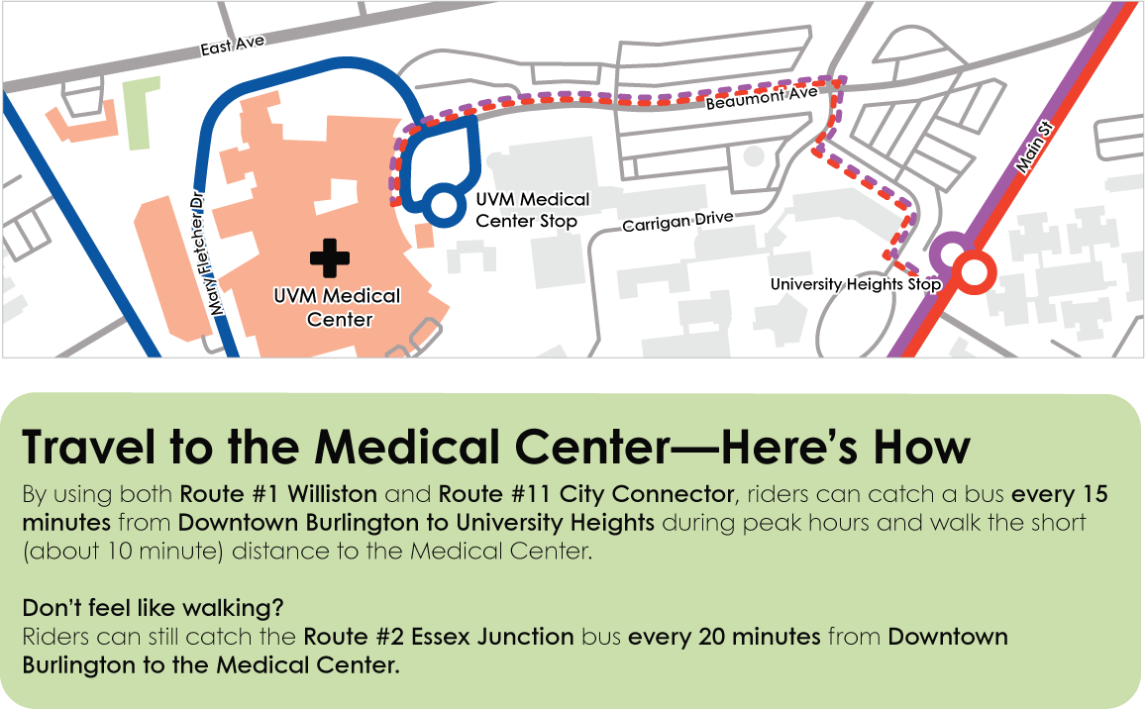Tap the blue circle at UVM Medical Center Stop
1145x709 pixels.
tap(442, 205)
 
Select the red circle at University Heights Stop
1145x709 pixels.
tap(973, 270)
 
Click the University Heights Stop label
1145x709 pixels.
tap(855, 285)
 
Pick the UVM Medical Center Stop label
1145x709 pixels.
tap(532, 210)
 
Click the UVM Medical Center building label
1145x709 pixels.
tap(339, 307)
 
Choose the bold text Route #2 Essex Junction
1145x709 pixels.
tap(439, 637)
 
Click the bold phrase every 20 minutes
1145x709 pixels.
tap(724, 637)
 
